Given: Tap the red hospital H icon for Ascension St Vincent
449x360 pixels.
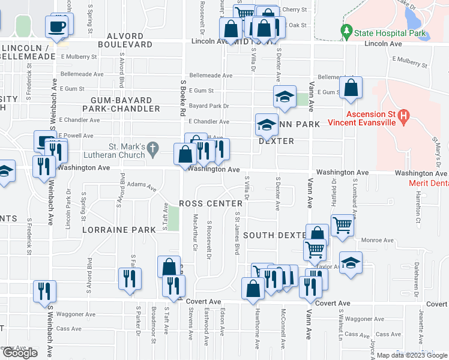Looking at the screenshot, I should (404, 115).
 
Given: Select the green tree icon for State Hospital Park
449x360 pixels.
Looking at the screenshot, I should (346, 30).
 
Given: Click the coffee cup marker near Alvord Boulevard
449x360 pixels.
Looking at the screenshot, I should (57, 27).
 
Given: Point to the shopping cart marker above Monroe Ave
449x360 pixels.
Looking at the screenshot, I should (342, 226).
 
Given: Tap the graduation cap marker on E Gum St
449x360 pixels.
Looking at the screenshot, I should (285, 96).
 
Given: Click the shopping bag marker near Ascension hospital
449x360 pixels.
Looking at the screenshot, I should (351, 88).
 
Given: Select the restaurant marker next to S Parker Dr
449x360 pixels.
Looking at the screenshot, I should (130, 278).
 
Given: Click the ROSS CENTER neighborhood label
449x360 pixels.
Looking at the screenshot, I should (208, 204).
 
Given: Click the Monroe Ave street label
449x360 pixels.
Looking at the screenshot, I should (377, 240).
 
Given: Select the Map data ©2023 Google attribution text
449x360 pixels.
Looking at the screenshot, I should (412, 355).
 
